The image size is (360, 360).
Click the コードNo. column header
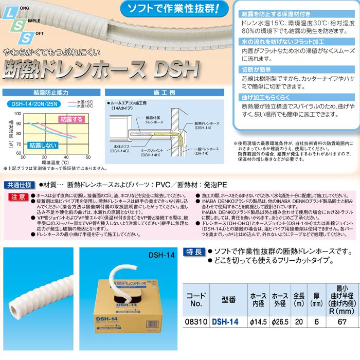click(195, 312)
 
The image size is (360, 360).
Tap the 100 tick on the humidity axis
click(19, 112)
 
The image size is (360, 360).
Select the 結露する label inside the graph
click(70, 119)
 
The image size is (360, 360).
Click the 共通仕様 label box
click(20, 184)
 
